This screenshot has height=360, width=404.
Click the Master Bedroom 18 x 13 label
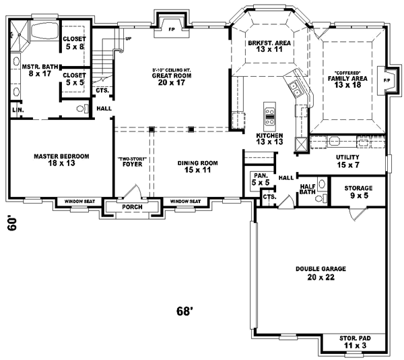(61, 160)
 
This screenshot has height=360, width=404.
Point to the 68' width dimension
(185, 311)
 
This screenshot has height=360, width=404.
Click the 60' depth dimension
(13, 223)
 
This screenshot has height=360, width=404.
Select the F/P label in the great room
(170, 30)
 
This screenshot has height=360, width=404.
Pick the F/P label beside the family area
(386, 80)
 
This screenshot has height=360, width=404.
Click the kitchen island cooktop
(269, 116)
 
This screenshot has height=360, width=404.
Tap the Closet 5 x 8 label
(73, 42)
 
